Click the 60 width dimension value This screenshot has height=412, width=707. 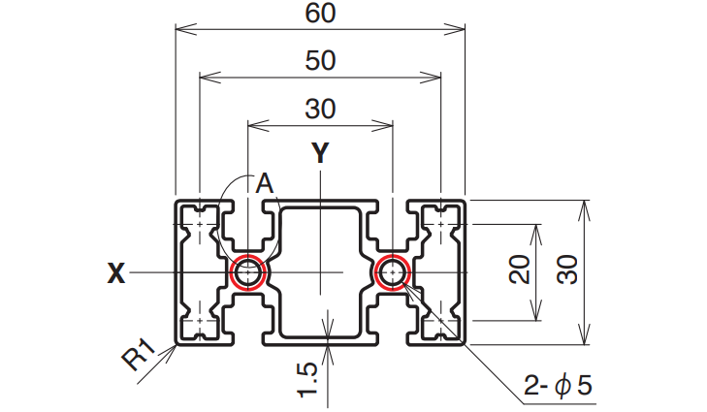click(x=320, y=13)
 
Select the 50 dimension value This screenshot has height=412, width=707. click(x=320, y=60)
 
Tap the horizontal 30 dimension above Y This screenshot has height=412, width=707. click(x=320, y=109)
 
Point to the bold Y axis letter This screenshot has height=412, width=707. click(x=320, y=153)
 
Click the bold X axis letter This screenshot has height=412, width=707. click(x=115, y=272)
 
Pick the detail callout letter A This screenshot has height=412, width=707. click(x=265, y=183)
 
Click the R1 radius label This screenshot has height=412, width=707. click(x=139, y=354)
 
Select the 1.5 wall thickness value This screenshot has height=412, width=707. click(x=308, y=380)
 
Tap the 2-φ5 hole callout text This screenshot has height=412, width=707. click(x=558, y=386)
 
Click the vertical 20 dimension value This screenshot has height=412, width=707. click(x=520, y=269)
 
